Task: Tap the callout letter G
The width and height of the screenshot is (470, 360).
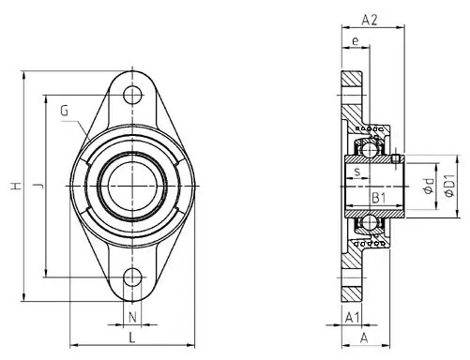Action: point(65,111)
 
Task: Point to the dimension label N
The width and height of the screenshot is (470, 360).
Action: point(132,316)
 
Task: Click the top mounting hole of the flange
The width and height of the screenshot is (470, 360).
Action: point(133,94)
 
